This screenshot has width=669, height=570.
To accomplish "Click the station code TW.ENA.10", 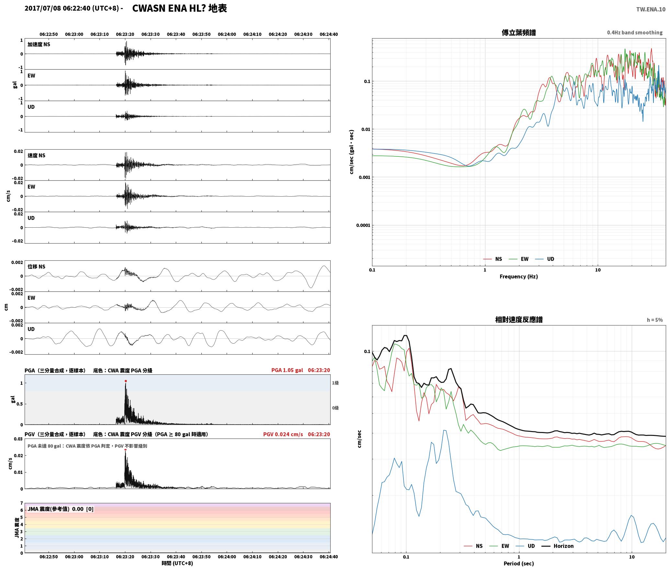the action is tap(651, 9).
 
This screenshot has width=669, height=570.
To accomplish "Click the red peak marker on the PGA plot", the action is tap(126, 381).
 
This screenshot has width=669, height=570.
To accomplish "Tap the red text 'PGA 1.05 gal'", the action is tap(287, 370).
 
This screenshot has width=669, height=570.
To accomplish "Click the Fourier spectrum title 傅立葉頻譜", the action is tap(519, 33).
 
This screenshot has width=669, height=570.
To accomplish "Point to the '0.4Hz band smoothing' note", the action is tap(635, 33).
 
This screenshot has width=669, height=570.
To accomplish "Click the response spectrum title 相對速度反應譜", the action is tap(519, 320).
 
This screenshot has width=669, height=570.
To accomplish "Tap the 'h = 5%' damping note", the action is tap(655, 320).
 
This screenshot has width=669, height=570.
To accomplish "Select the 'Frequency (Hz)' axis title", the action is tap(519, 277).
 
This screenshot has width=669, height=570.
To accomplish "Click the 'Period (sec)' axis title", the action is tap(519, 564).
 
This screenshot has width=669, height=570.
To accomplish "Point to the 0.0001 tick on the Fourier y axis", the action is tap(363, 225).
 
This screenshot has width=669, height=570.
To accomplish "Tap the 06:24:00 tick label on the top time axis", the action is tap(227, 34).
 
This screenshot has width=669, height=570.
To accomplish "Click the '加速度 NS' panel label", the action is tap(39, 44).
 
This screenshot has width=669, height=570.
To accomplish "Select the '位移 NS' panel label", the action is tap(37, 267).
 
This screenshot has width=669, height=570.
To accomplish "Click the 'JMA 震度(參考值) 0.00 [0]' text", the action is tap(61, 509).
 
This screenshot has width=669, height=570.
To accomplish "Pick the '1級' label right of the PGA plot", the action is tap(335, 383).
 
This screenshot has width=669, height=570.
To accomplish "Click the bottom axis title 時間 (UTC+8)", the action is tap(177, 563).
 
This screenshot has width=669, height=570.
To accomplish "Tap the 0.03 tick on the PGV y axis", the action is tap(18, 439).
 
